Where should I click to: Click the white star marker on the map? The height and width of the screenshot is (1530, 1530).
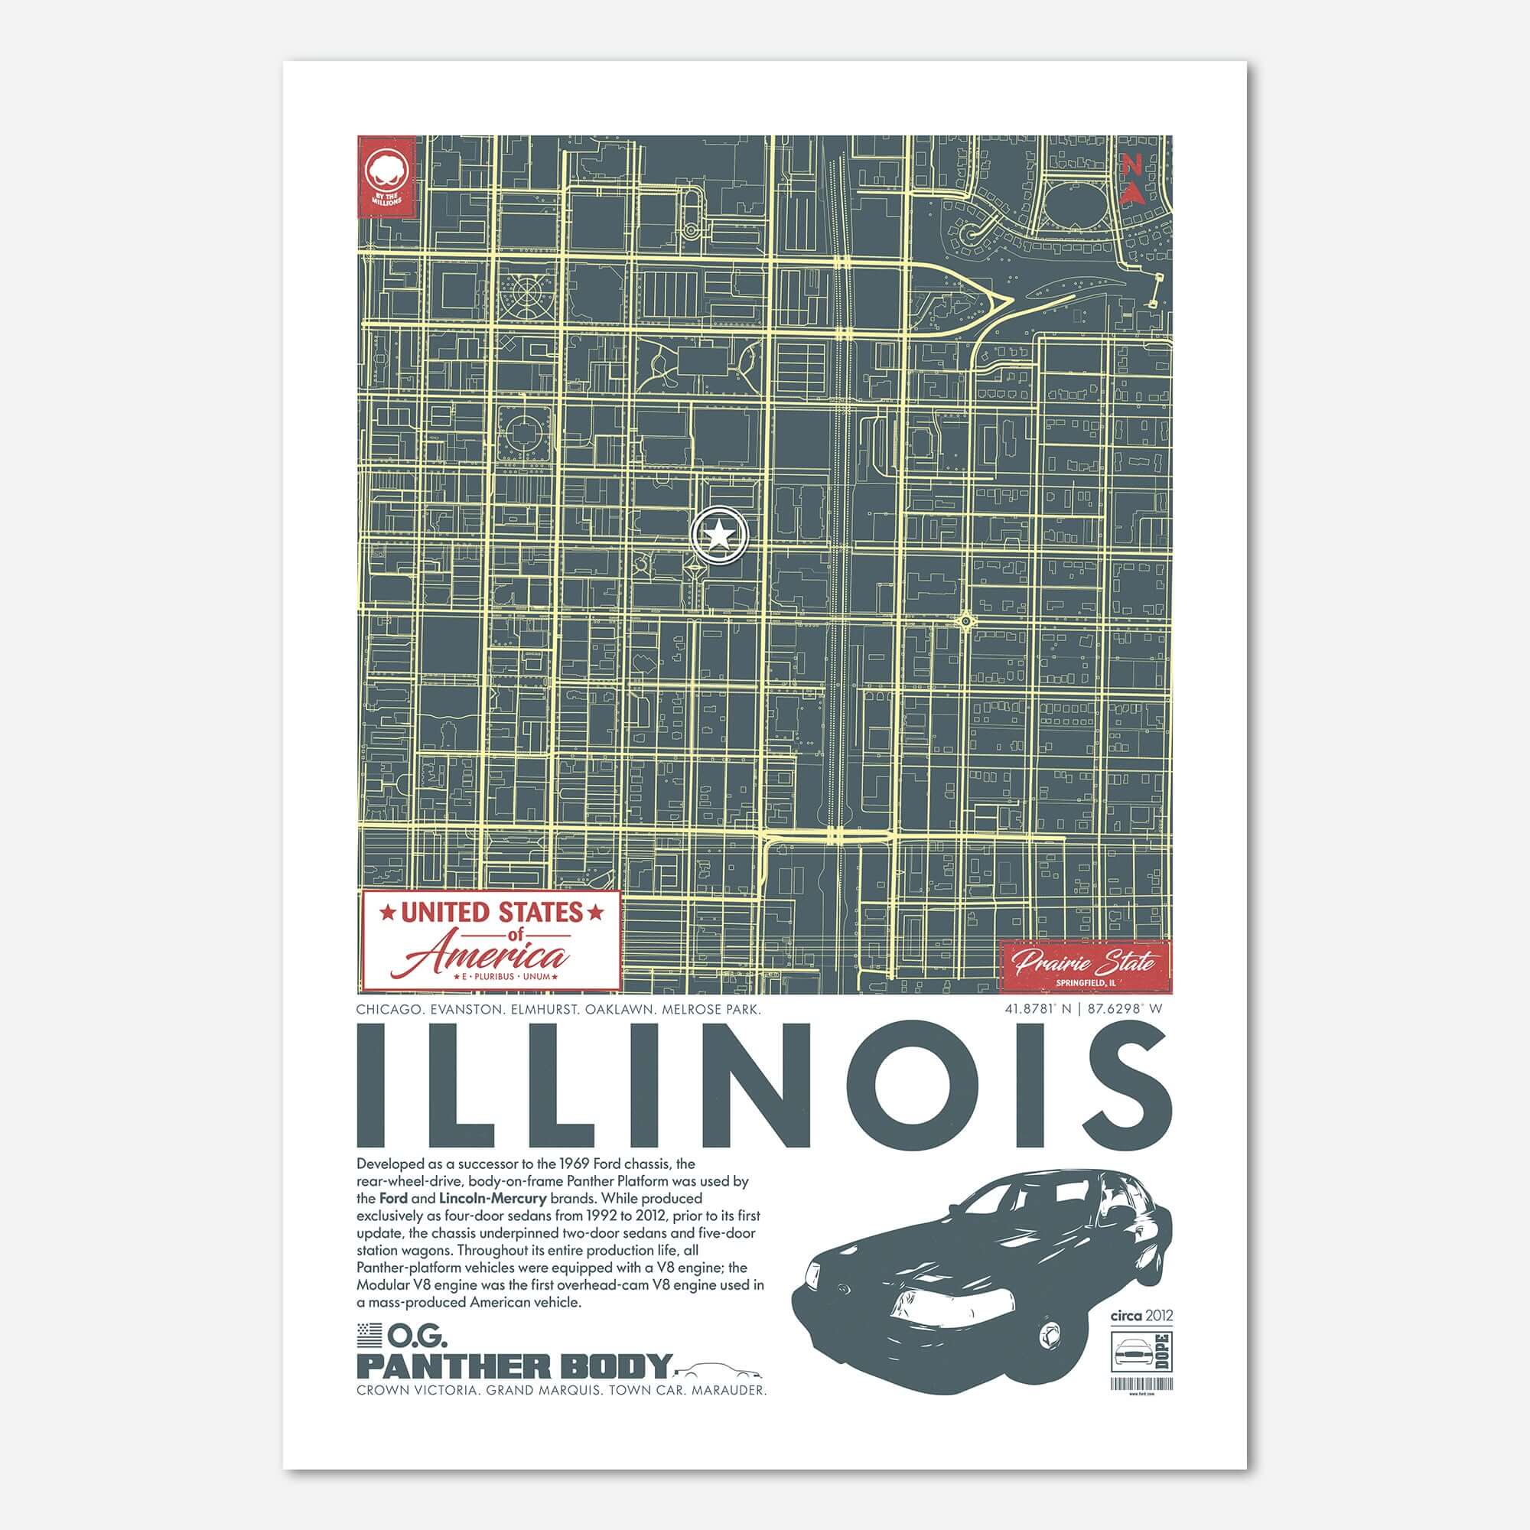[x=719, y=536]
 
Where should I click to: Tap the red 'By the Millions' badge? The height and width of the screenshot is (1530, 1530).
[x=386, y=176]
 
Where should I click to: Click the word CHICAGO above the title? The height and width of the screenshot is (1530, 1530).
[x=387, y=1010]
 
